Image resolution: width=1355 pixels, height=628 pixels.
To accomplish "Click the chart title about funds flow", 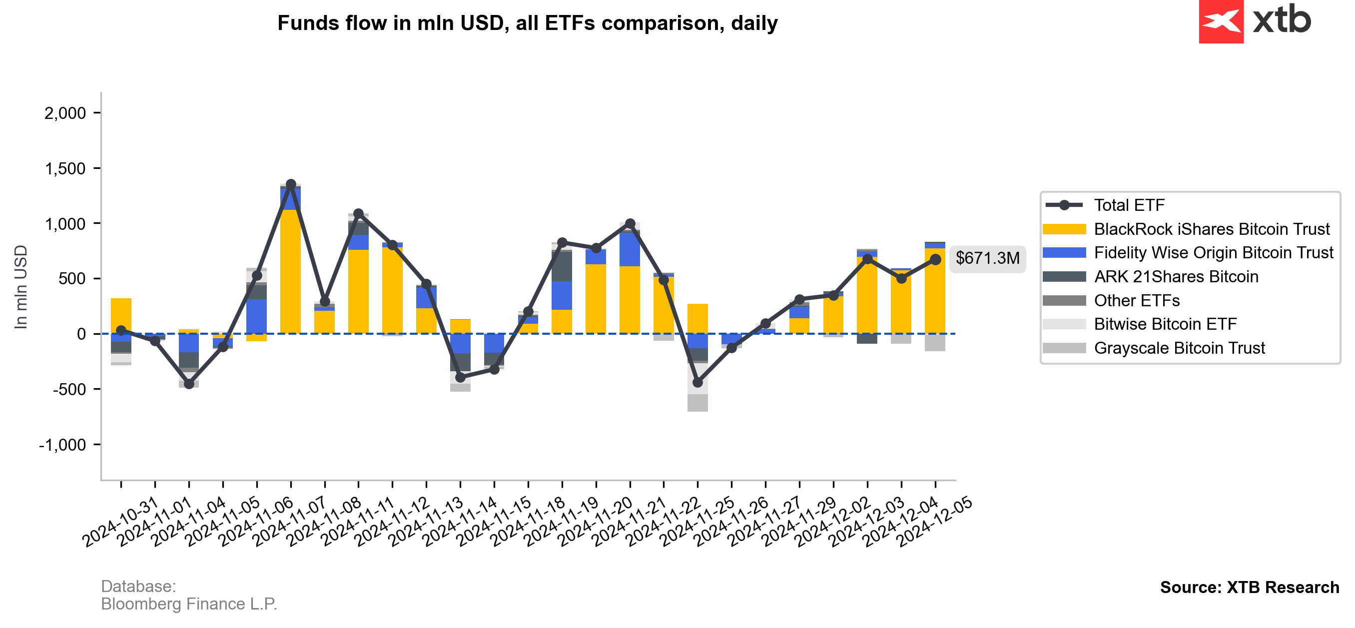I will click(527, 23).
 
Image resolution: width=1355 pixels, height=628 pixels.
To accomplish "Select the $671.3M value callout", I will click(987, 258).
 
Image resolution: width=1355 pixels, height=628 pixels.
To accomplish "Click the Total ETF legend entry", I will click(1129, 205).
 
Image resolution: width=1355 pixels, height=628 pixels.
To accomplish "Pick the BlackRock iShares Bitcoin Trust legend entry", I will click(1211, 229).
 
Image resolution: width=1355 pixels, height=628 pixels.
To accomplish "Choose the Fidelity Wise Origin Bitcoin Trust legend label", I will click(1213, 253).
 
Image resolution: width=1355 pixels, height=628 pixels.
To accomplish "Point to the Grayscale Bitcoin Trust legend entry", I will click(1179, 348).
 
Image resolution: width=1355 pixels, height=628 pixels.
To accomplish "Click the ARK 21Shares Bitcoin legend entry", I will click(1176, 277).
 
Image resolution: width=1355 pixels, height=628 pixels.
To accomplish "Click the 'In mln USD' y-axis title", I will click(21, 287).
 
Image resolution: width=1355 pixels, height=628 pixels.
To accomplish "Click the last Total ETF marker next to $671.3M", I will click(935, 259).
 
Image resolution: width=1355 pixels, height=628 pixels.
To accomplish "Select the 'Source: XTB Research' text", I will click(1249, 587).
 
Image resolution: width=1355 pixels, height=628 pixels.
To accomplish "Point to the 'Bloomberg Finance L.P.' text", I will click(189, 604).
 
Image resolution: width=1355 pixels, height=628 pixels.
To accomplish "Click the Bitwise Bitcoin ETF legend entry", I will click(1165, 324).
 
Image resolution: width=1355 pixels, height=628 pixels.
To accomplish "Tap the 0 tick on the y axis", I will click(81, 334).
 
